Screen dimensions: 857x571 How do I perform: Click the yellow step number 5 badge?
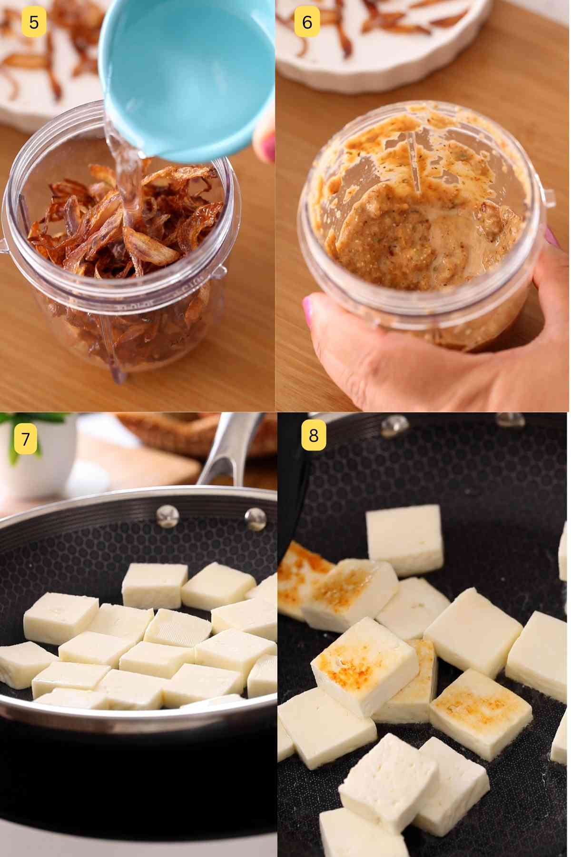point(34,22)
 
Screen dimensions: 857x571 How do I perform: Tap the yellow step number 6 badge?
point(307,22)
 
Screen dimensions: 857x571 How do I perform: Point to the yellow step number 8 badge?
point(314,435)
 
